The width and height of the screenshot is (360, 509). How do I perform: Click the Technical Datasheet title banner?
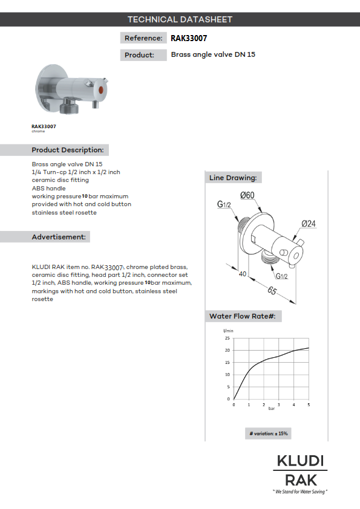coord(180,19)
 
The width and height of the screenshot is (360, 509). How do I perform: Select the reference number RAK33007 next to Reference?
coord(189,38)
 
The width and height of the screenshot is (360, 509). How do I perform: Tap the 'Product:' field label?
coord(139,55)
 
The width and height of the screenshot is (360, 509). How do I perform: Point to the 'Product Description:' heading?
coord(67,150)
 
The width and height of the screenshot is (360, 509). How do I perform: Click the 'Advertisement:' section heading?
coord(59,237)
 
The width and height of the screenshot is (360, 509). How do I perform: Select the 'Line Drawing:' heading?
coord(233,178)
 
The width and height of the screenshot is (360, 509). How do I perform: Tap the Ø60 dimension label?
coord(247,195)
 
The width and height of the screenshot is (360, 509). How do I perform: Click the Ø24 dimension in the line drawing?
coord(309,224)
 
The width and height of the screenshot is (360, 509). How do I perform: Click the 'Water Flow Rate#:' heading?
coord(243,316)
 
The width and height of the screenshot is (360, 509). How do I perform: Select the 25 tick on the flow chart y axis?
coord(227,339)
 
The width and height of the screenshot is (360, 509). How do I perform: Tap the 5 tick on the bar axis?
coord(309,404)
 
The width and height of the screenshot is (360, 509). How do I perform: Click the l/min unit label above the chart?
coord(228,331)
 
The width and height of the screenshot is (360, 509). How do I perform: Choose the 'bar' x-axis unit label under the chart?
coord(272,409)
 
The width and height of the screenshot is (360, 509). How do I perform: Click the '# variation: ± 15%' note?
coord(269,433)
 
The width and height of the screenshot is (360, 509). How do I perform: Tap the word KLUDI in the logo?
coord(300,461)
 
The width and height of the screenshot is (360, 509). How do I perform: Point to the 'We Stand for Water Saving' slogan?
coord(300,491)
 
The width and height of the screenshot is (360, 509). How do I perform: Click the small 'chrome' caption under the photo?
coord(38,131)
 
